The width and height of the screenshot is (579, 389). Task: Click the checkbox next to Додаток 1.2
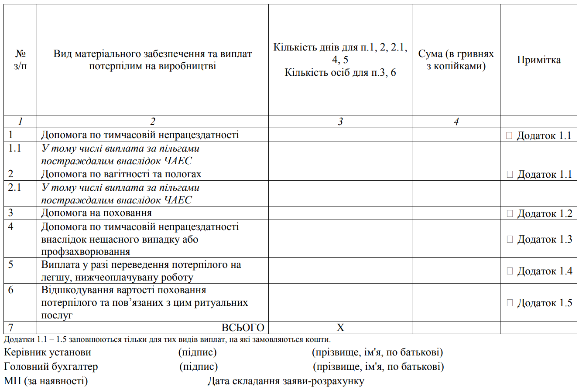pyautogui.click(x=510, y=214)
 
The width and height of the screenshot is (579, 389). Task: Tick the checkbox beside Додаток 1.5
pyautogui.click(x=510, y=303)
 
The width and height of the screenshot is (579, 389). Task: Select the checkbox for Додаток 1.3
pyautogui.click(x=510, y=239)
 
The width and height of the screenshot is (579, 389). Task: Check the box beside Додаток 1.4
pyautogui.click(x=510, y=271)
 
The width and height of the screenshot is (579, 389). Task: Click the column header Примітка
pyautogui.click(x=539, y=60)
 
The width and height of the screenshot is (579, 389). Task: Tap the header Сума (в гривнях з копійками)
pyautogui.click(x=456, y=60)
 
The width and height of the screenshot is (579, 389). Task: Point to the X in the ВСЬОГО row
pyautogui.click(x=340, y=328)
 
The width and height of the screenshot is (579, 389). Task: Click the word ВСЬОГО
pyautogui.click(x=243, y=328)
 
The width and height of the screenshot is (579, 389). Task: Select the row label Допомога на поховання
pyautogui.click(x=96, y=213)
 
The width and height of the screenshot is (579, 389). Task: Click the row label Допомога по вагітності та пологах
pyautogui.click(x=121, y=174)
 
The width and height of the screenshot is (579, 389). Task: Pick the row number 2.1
pyautogui.click(x=15, y=188)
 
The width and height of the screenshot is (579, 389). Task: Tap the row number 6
pyautogui.click(x=11, y=290)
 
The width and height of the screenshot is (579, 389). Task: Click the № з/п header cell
pyautogui.click(x=21, y=60)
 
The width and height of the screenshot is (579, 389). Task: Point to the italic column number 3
pyautogui.click(x=340, y=122)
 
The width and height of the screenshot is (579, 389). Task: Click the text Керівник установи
pyautogui.click(x=47, y=352)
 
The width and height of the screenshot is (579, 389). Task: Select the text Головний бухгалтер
pyautogui.click(x=51, y=367)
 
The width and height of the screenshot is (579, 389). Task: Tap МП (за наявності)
pyautogui.click(x=46, y=381)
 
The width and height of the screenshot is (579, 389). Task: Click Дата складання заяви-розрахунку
pyautogui.click(x=286, y=381)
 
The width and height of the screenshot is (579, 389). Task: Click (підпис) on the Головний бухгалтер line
pyautogui.click(x=199, y=367)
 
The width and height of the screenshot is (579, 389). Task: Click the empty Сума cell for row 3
pyautogui.click(x=456, y=213)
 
